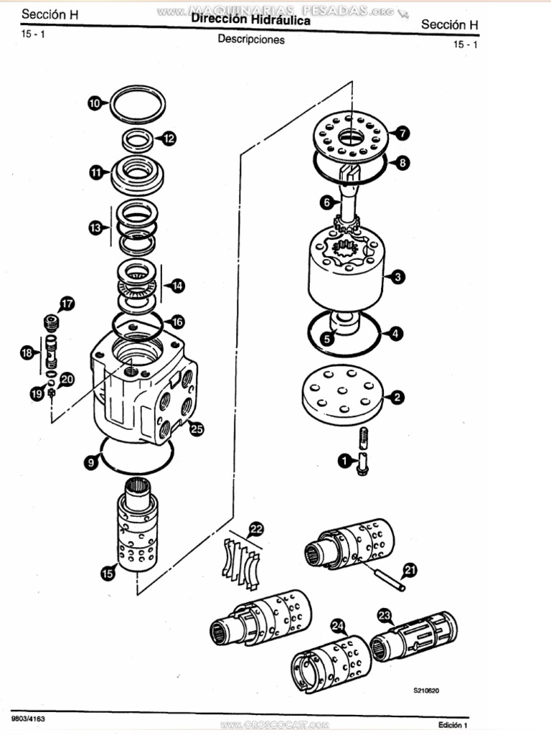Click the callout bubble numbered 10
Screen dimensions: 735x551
pyautogui.click(x=95, y=103)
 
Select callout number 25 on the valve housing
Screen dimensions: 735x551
pyautogui.click(x=196, y=429)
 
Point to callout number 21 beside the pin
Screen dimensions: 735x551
pyautogui.click(x=410, y=570)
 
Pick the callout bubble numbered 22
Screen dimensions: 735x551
pyautogui.click(x=255, y=530)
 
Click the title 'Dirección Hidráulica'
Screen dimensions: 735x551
pyautogui.click(x=251, y=22)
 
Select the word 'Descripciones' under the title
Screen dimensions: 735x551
pyautogui.click(x=251, y=39)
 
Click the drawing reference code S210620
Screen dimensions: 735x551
pyautogui.click(x=426, y=691)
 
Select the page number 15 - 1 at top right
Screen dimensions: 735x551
pyautogui.click(x=466, y=45)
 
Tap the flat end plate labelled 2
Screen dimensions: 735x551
pyautogui.click(x=343, y=395)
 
